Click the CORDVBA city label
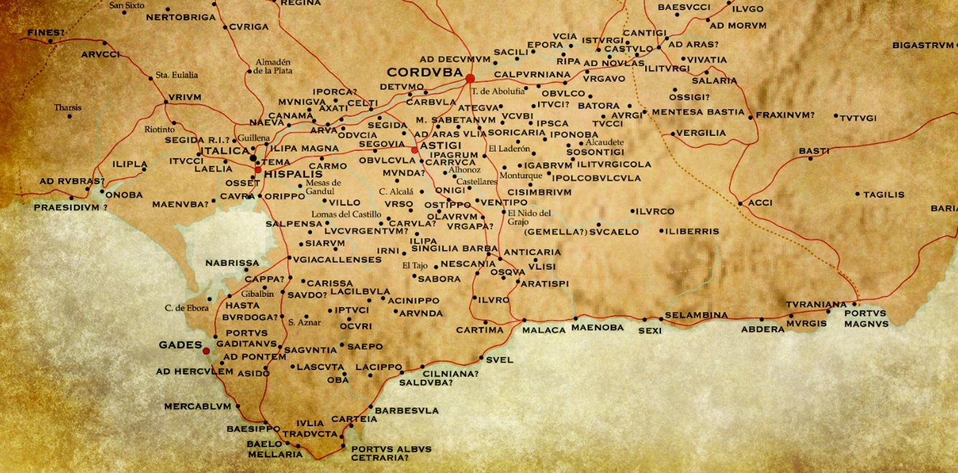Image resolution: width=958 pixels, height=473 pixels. tap(424, 73)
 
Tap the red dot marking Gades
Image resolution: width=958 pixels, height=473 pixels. tap(206, 351)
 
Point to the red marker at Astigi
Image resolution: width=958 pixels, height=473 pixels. tap(414, 150)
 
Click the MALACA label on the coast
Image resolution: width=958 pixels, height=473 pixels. tap(544, 329)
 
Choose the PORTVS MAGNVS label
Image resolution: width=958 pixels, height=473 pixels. tap(866, 318)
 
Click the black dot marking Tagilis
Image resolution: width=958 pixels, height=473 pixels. tap(857, 194)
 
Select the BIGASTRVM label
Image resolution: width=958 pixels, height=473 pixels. tap(923, 45)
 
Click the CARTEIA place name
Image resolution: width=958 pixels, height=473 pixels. tap(354, 419)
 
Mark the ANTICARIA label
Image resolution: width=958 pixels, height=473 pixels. tap(532, 252)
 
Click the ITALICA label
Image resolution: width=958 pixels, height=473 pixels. tap(225, 150)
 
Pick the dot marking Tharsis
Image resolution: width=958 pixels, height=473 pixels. tap(70, 116)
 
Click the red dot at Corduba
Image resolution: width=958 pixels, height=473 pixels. tap(470, 78)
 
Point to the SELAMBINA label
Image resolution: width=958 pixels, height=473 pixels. tap(696, 315)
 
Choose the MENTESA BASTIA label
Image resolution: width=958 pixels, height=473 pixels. tap(698, 112)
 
